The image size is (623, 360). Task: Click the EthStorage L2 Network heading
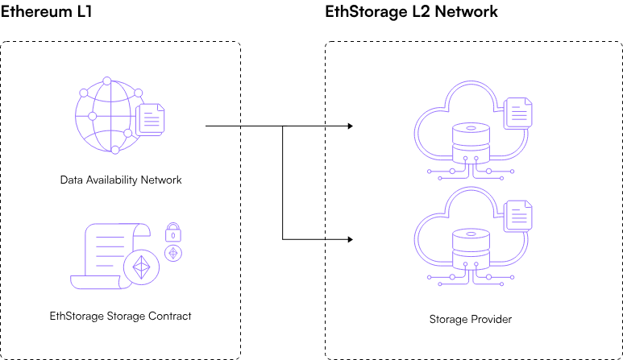click(x=411, y=12)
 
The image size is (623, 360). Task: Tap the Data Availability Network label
click(x=121, y=180)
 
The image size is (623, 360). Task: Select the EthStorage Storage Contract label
click(x=121, y=316)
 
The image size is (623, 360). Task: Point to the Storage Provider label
click(x=470, y=320)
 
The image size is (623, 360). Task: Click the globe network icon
click(x=104, y=118)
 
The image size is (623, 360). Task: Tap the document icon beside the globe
click(x=150, y=119)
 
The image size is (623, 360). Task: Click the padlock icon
click(x=172, y=233)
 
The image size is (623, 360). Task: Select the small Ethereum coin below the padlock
click(x=172, y=253)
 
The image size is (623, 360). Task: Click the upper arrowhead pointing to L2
click(x=350, y=126)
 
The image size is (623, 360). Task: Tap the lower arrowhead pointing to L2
click(x=350, y=239)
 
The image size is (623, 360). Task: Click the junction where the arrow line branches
click(x=283, y=126)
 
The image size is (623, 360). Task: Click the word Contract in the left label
click(x=171, y=316)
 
